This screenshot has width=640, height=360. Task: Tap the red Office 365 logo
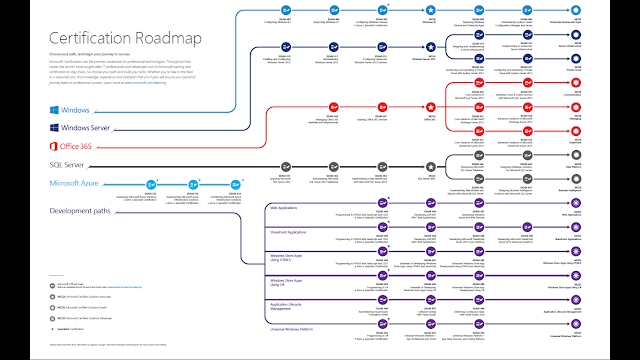(x=54, y=146)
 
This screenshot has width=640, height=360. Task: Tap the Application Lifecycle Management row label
(x=290, y=306)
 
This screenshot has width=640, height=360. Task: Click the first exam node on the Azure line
(x=153, y=183)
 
